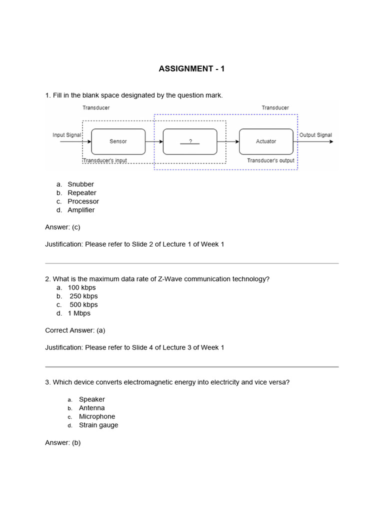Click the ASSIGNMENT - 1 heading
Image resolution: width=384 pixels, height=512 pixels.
(191, 68)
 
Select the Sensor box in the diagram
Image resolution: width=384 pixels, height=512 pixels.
(118, 141)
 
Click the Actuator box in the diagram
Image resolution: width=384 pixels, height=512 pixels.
(266, 141)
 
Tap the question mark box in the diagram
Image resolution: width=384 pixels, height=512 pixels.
(190, 141)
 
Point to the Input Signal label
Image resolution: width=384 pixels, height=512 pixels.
(67, 135)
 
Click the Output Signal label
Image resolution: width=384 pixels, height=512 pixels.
(315, 135)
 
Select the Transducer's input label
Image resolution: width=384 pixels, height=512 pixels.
(104, 160)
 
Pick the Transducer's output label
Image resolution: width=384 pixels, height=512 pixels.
(270, 160)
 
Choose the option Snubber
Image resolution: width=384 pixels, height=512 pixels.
(80, 184)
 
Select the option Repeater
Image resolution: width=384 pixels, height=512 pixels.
(82, 193)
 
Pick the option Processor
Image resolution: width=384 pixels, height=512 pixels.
(83, 201)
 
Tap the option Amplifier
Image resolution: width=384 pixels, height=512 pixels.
(81, 210)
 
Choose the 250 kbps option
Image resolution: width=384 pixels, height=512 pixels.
(83, 296)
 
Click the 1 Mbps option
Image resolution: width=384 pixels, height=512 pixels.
(79, 313)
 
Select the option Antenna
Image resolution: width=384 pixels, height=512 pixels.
(91, 408)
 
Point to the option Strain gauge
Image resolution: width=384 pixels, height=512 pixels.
(98, 425)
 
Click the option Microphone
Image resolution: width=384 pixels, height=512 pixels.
(97, 416)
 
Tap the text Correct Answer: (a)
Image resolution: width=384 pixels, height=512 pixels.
(75, 330)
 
